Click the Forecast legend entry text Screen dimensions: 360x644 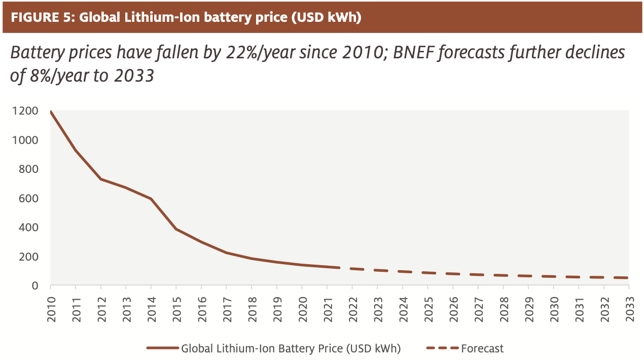482,348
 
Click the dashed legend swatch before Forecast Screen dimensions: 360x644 442,348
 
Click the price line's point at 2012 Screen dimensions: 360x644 101,179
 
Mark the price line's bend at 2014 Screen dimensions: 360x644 151,198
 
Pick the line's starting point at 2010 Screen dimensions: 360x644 51,112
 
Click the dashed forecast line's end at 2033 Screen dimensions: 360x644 628,278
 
